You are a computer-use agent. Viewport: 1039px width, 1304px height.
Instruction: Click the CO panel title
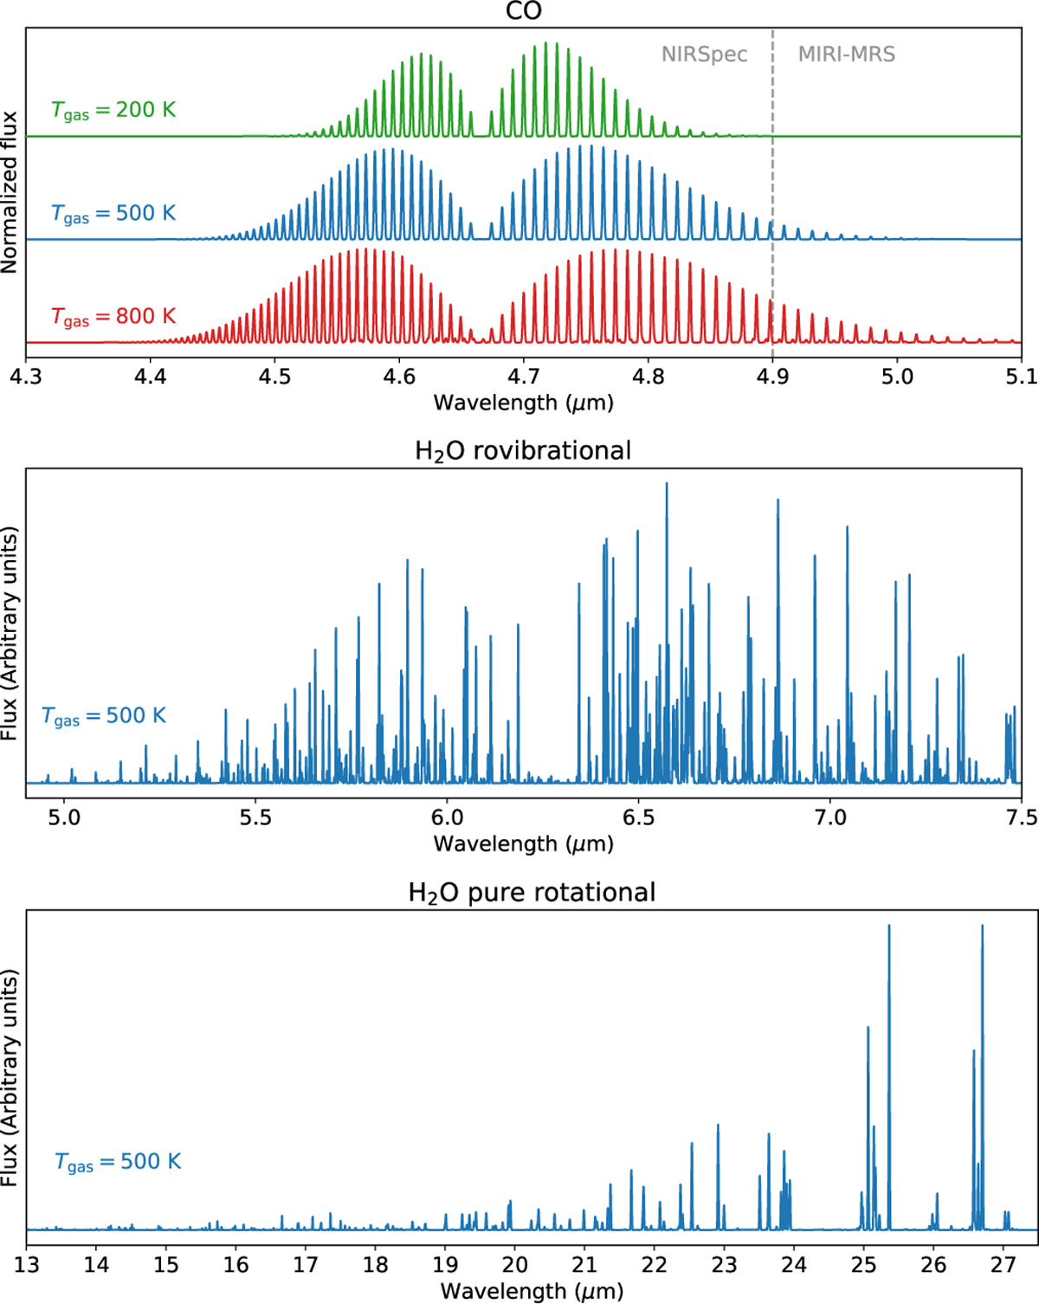pyautogui.click(x=524, y=11)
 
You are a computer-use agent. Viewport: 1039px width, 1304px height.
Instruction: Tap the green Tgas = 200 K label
pyautogui.click(x=113, y=111)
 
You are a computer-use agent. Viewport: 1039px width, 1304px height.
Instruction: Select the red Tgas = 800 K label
pyautogui.click(x=113, y=317)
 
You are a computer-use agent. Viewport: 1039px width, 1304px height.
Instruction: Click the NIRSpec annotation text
pyautogui.click(x=704, y=55)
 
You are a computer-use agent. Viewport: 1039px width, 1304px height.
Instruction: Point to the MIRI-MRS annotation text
pyautogui.click(x=846, y=55)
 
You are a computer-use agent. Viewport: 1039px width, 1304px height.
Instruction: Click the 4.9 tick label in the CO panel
pyautogui.click(x=772, y=377)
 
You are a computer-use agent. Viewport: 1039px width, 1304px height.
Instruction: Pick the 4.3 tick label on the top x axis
pyautogui.click(x=26, y=377)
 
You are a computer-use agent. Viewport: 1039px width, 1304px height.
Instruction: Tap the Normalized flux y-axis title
pyautogui.click(x=10, y=192)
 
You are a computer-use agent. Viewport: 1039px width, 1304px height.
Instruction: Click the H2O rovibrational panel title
pyautogui.click(x=523, y=451)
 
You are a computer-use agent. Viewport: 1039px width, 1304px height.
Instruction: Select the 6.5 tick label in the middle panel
pyautogui.click(x=639, y=817)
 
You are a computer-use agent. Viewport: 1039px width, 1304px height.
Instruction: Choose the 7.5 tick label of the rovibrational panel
pyautogui.click(x=1021, y=817)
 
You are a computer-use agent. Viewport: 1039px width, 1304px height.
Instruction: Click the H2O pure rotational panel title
pyautogui.click(x=532, y=893)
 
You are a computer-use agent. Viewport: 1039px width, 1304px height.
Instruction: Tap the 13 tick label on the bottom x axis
pyautogui.click(x=27, y=1265)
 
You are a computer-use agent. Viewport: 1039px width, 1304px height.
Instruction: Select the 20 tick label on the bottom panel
pyautogui.click(x=514, y=1265)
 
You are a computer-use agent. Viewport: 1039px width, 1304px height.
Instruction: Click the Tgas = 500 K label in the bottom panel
pyautogui.click(x=118, y=1163)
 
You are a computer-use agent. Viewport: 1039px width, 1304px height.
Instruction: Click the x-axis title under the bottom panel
pyautogui.click(x=532, y=1291)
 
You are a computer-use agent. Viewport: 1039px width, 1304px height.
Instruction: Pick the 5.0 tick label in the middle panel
pyautogui.click(x=63, y=817)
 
